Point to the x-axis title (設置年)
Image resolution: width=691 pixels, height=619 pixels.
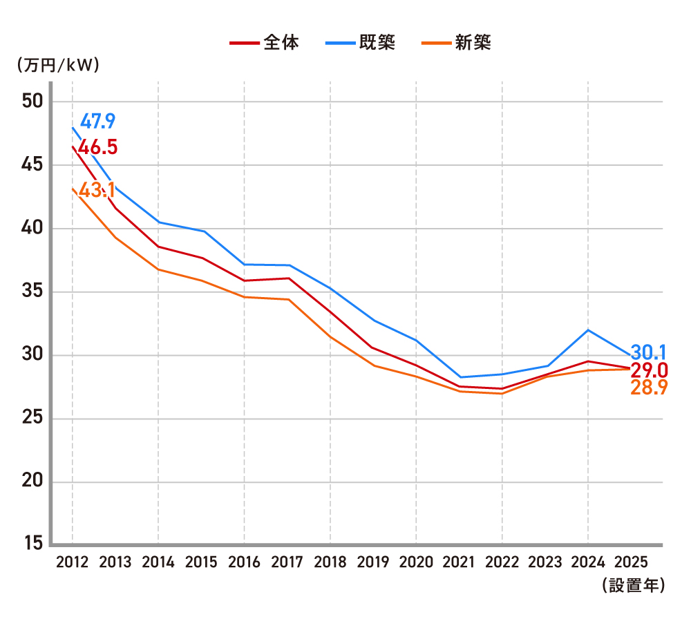pyautogui.click(x=633, y=586)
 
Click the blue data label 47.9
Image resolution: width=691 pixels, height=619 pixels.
pyautogui.click(x=97, y=122)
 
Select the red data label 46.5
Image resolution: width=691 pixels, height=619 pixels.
pyautogui.click(x=97, y=148)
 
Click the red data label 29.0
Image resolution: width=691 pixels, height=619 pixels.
pyautogui.click(x=649, y=370)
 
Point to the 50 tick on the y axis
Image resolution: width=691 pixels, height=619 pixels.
pyautogui.click(x=32, y=102)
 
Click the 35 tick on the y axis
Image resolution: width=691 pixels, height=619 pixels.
pyautogui.click(x=32, y=292)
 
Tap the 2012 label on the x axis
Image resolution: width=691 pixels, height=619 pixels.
pyautogui.click(x=72, y=562)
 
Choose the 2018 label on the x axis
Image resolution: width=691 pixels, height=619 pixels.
pyautogui.click(x=330, y=562)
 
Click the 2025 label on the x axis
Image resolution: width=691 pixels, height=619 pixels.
pyautogui.click(x=630, y=562)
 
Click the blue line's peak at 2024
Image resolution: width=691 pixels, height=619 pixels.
pyautogui.click(x=587, y=330)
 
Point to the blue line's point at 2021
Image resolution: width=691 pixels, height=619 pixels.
pyautogui.click(x=459, y=377)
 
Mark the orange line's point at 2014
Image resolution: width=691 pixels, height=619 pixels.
pyautogui.click(x=158, y=269)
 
